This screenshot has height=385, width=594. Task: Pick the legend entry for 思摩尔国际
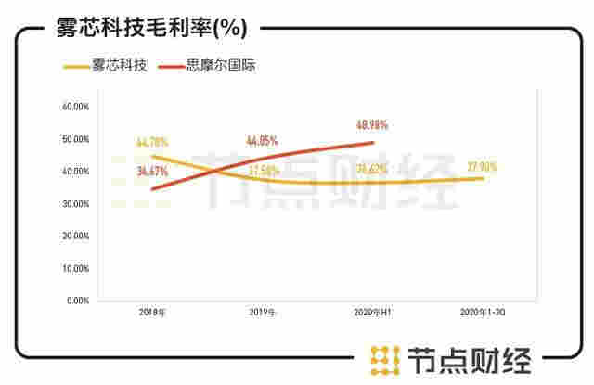[x=222, y=67]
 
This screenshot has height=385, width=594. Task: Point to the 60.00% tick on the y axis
[x=75, y=107]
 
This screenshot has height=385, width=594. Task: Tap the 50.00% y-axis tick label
[x=75, y=139]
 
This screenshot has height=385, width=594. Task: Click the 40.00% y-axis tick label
[x=75, y=172]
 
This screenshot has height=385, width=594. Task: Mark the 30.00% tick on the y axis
[x=75, y=204]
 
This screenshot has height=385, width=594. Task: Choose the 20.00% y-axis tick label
[x=75, y=237]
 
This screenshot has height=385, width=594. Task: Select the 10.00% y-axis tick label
[x=75, y=269]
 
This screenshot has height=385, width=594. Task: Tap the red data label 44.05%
[x=263, y=141]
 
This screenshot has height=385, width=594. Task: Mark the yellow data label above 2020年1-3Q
[x=483, y=167]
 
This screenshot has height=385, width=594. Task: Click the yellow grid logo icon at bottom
[x=381, y=357]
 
